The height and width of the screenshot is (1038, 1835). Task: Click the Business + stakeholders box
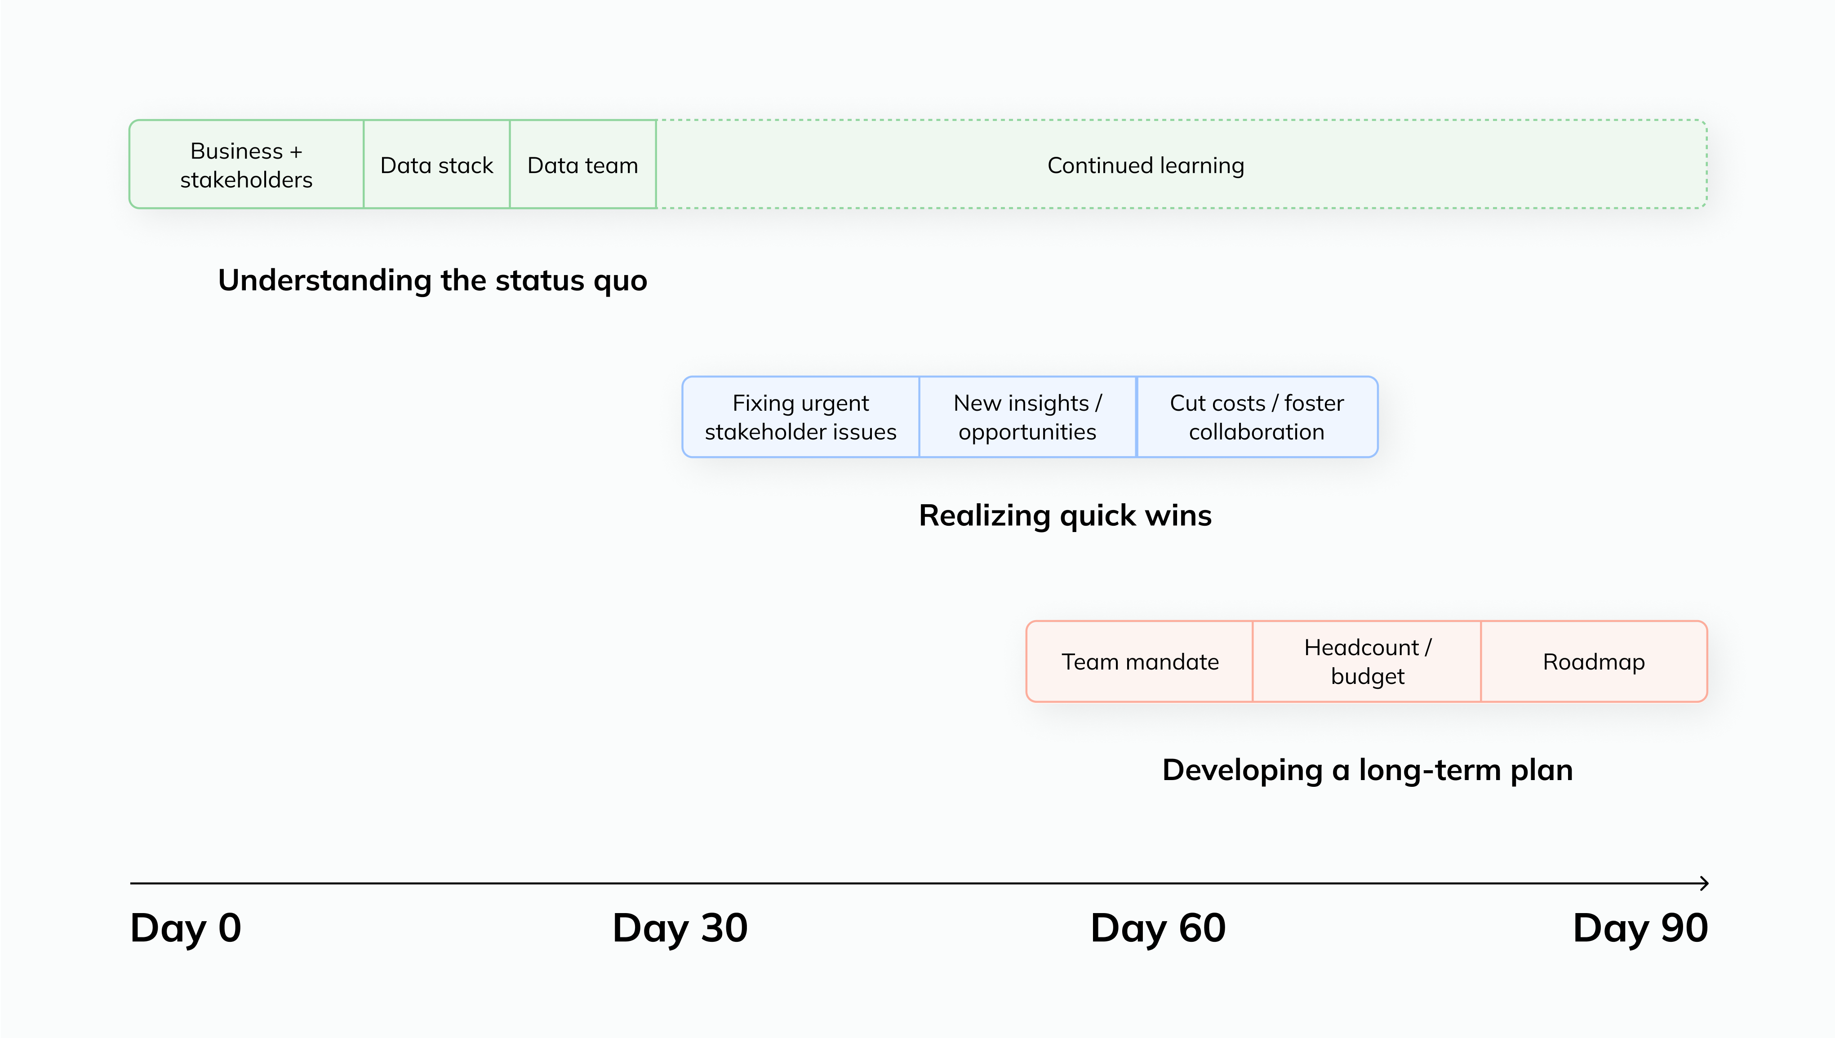pyautogui.click(x=246, y=164)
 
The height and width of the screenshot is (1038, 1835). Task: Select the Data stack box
pyautogui.click(x=436, y=164)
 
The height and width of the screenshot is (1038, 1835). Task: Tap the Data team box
pyautogui.click(x=582, y=164)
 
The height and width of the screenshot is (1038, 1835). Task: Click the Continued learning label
pyautogui.click(x=1146, y=165)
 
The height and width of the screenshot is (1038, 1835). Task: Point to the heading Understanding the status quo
pyautogui.click(x=432, y=280)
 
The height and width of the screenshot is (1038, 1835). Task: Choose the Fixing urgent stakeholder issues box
pyautogui.click(x=800, y=417)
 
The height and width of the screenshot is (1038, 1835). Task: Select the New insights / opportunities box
pyautogui.click(x=1027, y=417)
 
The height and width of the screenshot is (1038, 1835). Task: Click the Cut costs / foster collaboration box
pyautogui.click(x=1256, y=417)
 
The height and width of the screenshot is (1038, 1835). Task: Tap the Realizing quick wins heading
pyautogui.click(x=1065, y=515)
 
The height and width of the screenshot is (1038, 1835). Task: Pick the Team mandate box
pyautogui.click(x=1140, y=661)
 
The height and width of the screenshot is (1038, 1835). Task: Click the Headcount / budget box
pyautogui.click(x=1367, y=661)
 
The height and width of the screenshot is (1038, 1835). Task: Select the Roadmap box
pyautogui.click(x=1593, y=661)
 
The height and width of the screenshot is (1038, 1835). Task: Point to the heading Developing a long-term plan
pyautogui.click(x=1367, y=770)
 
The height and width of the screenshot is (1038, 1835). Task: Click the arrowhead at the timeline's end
pyautogui.click(x=1704, y=883)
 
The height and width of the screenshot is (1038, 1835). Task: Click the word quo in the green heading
pyautogui.click(x=619, y=282)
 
